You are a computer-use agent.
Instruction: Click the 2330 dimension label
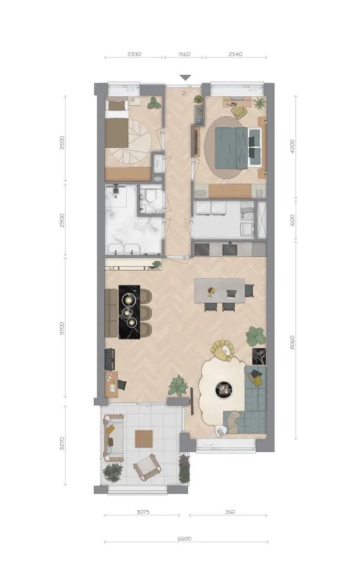click(x=134, y=54)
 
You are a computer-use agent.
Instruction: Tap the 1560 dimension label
click(x=184, y=54)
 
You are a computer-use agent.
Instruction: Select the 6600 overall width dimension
click(x=184, y=538)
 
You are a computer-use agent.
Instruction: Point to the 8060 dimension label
click(x=292, y=343)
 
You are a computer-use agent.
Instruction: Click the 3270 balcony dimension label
click(x=62, y=444)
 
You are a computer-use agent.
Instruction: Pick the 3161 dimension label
click(x=230, y=512)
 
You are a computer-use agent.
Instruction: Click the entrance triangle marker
click(x=186, y=78)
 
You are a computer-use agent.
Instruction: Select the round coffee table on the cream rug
click(x=223, y=389)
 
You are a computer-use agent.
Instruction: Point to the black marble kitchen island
click(x=129, y=312)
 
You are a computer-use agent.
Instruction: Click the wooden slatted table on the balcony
click(x=144, y=439)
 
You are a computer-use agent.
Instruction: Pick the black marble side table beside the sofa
click(x=259, y=356)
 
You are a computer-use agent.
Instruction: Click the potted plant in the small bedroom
click(x=154, y=103)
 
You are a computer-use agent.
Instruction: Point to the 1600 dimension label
click(x=292, y=221)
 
